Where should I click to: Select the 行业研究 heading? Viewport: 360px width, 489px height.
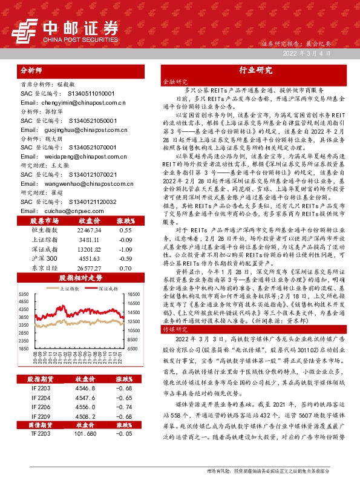[x=256, y=70]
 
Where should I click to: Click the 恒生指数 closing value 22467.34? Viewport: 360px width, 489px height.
[x=89, y=247]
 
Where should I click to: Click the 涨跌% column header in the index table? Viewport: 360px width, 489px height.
[x=125, y=238]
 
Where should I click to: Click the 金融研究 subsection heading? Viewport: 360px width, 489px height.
[x=174, y=80]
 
